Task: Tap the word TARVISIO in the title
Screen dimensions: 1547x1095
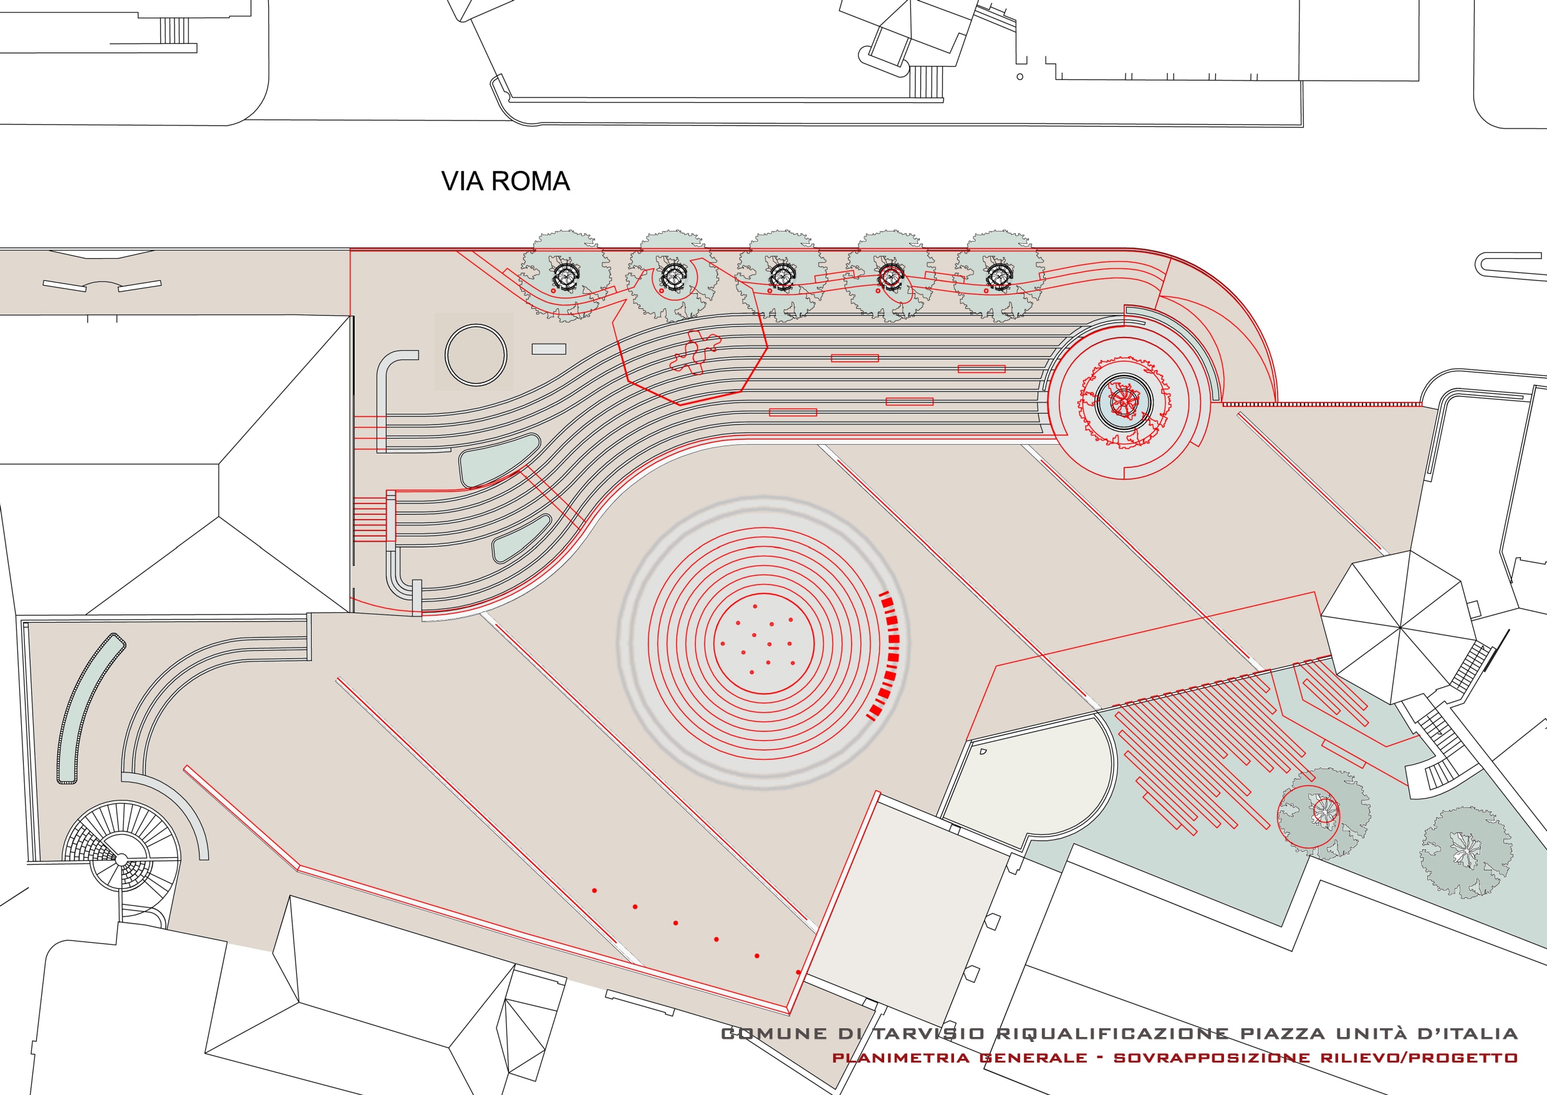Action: tap(929, 1034)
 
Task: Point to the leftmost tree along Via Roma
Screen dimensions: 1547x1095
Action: tap(566, 275)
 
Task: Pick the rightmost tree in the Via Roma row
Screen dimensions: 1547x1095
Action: tap(998, 275)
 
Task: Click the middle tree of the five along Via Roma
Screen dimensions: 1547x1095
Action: tap(781, 275)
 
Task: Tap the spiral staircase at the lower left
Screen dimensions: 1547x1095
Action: tap(122, 859)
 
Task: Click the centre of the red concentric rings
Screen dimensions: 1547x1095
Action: tap(763, 643)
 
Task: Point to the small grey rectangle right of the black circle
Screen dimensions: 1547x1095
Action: tap(549, 349)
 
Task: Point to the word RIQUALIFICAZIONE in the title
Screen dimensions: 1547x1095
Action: tap(1112, 1034)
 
